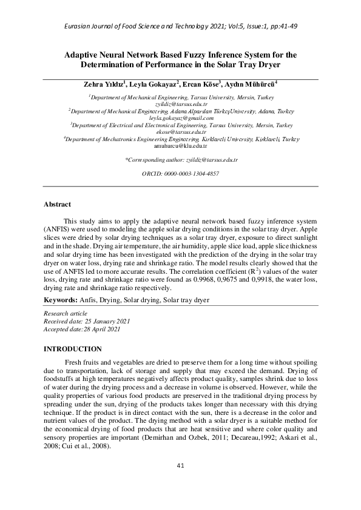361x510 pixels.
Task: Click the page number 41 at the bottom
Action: (x=180, y=465)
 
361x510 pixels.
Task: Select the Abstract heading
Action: (x=58, y=205)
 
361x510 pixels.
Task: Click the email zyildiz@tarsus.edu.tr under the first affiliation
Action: (x=181, y=104)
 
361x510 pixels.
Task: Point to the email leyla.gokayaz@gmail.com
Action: (x=181, y=119)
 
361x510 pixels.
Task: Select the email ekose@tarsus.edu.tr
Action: (x=181, y=131)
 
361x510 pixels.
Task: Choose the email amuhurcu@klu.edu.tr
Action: (x=181, y=146)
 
